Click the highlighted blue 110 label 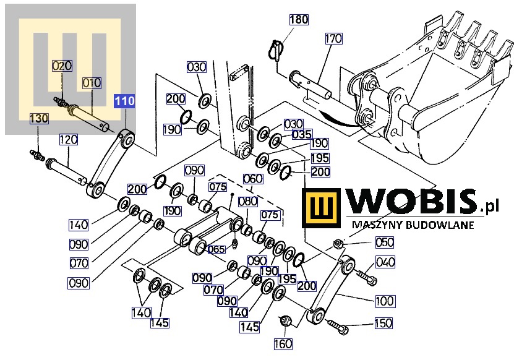(124, 101)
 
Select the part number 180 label (299, 20)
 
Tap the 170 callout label (333, 39)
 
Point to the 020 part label (62, 66)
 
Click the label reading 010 (92, 83)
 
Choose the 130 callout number (39, 118)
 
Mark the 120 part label (68, 140)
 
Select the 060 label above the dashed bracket (252, 179)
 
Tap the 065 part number (216, 249)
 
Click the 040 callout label (385, 263)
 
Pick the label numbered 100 (384, 301)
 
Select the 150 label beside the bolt (383, 323)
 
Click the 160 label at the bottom (284, 344)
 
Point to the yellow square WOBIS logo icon (322, 208)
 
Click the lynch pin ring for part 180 (275, 49)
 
